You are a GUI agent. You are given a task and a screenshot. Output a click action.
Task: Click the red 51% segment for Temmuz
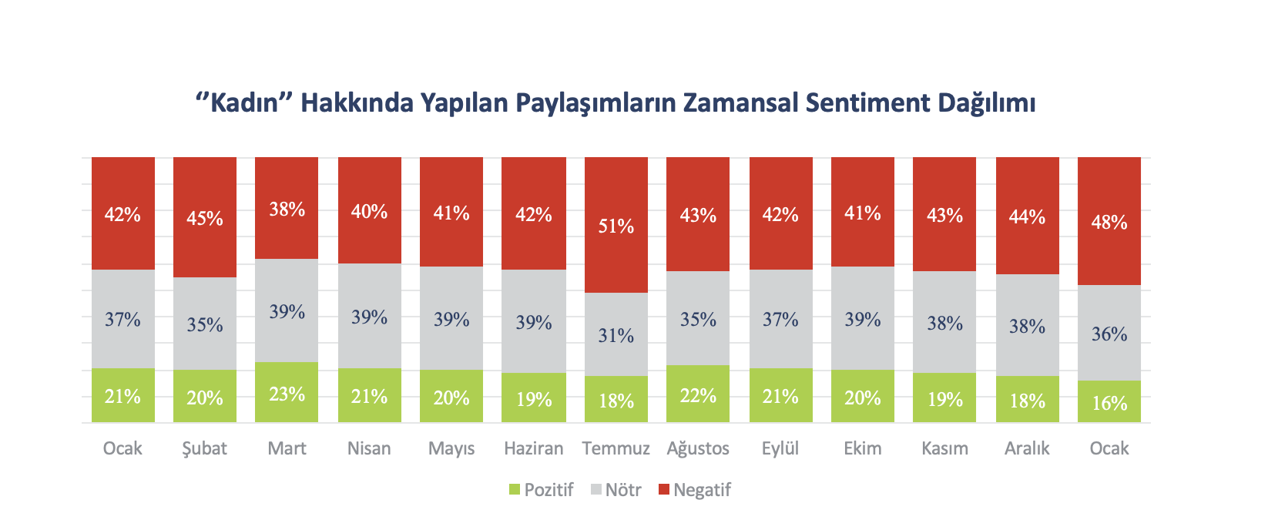(x=616, y=225)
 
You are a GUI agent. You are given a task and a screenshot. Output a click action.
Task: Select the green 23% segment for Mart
(x=287, y=392)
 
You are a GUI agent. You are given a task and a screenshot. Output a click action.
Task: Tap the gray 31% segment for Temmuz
(x=616, y=334)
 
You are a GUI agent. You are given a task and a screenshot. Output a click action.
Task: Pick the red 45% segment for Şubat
(x=205, y=217)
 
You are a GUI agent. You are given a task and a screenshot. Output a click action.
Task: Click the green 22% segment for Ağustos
(x=698, y=394)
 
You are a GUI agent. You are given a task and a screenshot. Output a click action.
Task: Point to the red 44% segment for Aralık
(x=1027, y=216)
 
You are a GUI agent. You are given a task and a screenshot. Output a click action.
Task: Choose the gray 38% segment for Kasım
(x=944, y=322)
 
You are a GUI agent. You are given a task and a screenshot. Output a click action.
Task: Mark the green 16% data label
(x=1109, y=403)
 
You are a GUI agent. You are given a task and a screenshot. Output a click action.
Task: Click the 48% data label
(x=1109, y=222)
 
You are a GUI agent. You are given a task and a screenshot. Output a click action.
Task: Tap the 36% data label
(x=1109, y=334)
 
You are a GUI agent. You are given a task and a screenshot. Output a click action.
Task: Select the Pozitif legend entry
(x=542, y=490)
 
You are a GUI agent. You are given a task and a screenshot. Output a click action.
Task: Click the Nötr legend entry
(x=616, y=490)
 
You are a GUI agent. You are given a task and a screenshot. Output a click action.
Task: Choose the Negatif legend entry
(x=695, y=490)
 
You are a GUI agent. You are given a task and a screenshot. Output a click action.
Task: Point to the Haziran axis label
(x=534, y=448)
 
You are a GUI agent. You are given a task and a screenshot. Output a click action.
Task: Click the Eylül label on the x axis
(x=780, y=448)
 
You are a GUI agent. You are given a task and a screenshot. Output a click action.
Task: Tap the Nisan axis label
(x=369, y=448)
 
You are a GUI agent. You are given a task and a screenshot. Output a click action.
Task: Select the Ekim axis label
(x=862, y=448)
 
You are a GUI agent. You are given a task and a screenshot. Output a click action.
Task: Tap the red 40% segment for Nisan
(x=369, y=210)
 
